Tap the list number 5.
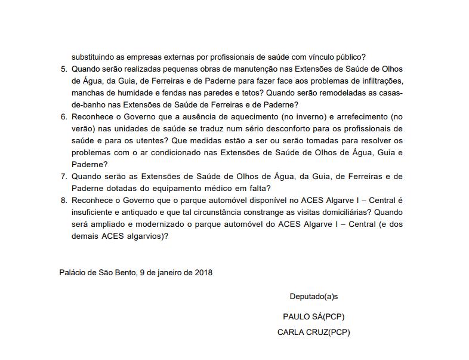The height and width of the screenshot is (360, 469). tap(64, 69)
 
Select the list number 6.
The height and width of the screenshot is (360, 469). tap(64, 117)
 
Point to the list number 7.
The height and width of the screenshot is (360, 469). tap(64, 177)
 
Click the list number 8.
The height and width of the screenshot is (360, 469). tap(64, 201)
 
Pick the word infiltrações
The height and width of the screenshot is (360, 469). tap(379, 81)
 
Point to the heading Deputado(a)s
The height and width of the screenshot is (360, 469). tap(314, 297)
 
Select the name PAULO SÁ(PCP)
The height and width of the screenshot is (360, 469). tap(314, 317)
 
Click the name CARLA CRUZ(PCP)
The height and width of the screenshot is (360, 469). tap(314, 333)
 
